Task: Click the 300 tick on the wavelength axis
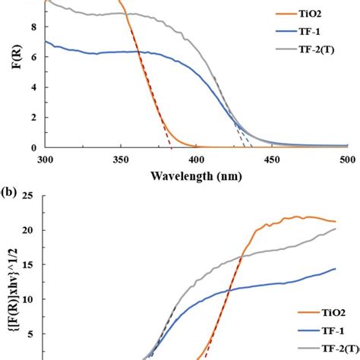[45, 159]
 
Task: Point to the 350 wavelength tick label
[120, 159]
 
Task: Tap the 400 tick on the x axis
[196, 159]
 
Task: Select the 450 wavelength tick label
[271, 159]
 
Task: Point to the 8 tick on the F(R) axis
[32, 27]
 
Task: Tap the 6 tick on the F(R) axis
[32, 57]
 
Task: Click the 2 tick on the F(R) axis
[32, 118]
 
